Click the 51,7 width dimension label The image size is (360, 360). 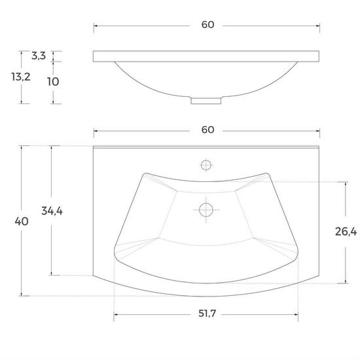click(x=207, y=315)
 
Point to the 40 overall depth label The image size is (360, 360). click(x=22, y=221)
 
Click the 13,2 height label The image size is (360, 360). click(x=21, y=77)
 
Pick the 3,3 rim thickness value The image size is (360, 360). click(x=38, y=56)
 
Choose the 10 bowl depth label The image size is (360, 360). click(x=54, y=82)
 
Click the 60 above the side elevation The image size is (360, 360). click(x=207, y=25)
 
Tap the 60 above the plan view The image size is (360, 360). click(x=207, y=130)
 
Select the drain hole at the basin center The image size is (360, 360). click(x=206, y=210)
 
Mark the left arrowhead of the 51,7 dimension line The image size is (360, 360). click(x=117, y=315)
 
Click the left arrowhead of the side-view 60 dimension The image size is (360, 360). click(x=96, y=26)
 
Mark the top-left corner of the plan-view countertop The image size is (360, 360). click(x=94, y=146)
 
